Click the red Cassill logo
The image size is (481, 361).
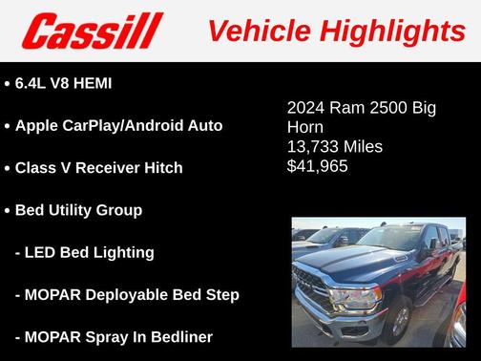point(93,31)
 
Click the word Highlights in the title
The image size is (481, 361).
point(392,31)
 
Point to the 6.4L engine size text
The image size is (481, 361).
point(31,84)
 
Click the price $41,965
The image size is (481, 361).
point(318,166)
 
